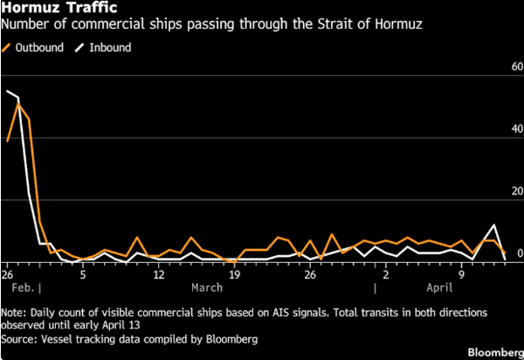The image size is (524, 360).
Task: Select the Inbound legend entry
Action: (108, 47)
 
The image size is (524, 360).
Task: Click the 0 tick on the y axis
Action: (520, 253)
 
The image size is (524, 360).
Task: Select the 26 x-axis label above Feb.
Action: (9, 273)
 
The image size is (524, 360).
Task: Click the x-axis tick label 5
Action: (83, 273)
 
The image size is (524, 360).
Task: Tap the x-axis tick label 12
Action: (158, 273)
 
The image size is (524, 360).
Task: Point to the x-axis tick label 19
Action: (233, 273)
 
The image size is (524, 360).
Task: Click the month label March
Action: (207, 287)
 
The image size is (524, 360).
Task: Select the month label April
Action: (445, 287)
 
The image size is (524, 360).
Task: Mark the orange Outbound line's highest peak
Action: (19, 104)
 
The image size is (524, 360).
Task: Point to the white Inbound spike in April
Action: (494, 225)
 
